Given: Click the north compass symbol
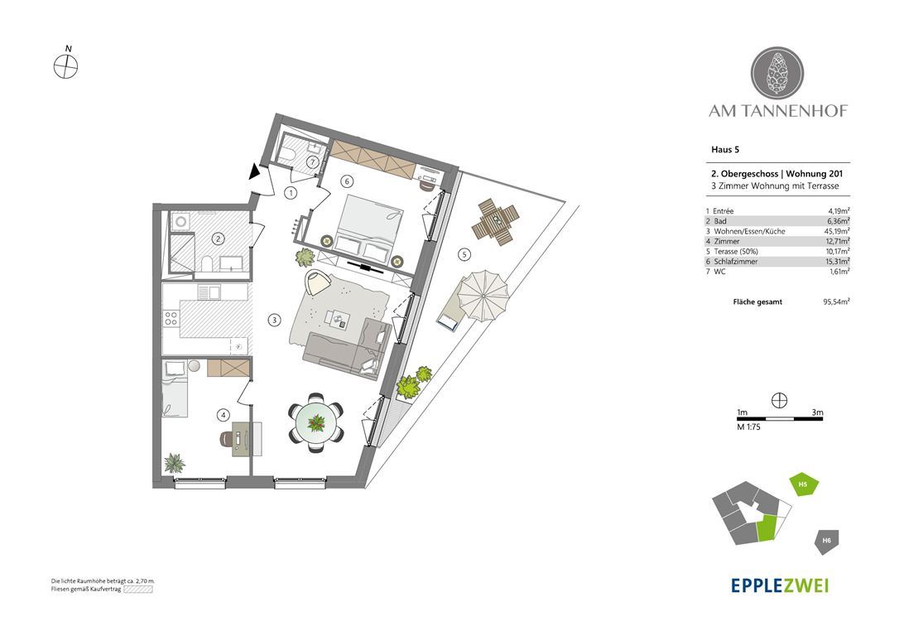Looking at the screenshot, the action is click(x=66, y=66).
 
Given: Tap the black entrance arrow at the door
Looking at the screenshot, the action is click(x=254, y=171).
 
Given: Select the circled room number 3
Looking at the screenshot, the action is click(x=275, y=320).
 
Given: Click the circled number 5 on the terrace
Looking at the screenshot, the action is click(x=464, y=254).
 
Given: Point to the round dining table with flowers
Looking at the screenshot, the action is click(x=316, y=423).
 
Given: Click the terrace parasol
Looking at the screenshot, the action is click(x=483, y=296).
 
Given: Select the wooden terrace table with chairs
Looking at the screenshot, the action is click(x=495, y=221).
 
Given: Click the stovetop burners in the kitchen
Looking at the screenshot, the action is click(x=171, y=317).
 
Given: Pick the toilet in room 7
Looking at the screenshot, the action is click(x=287, y=153).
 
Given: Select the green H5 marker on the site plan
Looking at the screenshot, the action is click(x=804, y=485).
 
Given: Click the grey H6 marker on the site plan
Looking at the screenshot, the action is click(x=826, y=541).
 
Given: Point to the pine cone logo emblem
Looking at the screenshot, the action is click(x=777, y=74).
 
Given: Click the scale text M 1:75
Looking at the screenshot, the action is click(x=748, y=426).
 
